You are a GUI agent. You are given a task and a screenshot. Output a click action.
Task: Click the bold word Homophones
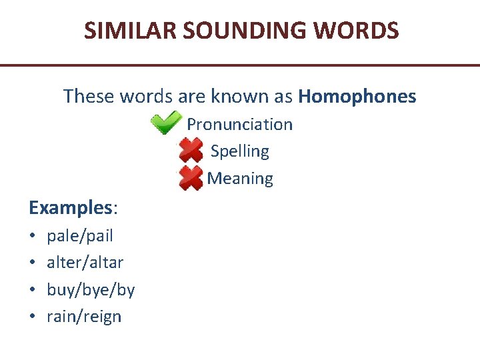357,97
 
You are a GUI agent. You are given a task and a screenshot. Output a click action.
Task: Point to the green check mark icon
165,123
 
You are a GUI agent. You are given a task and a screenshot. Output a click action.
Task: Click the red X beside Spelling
191,151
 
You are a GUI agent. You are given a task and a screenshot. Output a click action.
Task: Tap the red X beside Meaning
191,178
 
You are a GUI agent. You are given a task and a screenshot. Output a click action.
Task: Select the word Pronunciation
239,125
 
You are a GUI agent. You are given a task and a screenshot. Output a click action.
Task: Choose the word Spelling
239,151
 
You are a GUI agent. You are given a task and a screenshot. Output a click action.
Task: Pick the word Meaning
240,179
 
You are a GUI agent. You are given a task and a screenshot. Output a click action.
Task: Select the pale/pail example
80,236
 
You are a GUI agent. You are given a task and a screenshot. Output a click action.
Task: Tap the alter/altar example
85,263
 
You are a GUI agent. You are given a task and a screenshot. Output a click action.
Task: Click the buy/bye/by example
91,290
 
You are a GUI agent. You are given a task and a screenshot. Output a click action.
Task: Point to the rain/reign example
84,317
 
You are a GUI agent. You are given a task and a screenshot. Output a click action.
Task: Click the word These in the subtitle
89,97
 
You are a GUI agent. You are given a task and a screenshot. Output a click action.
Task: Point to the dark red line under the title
240,65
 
